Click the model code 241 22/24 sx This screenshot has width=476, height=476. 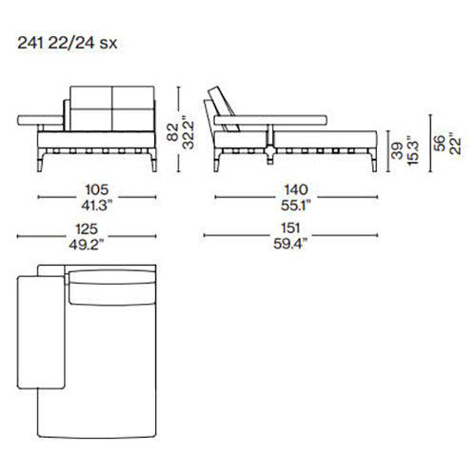click(68, 43)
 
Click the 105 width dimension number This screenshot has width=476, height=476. click(97, 189)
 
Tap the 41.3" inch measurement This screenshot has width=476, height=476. click(97, 206)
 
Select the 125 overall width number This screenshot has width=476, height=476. click(87, 229)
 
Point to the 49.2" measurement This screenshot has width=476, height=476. click(87, 245)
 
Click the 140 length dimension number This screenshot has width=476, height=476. click(296, 189)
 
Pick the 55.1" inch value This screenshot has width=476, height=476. click(295, 206)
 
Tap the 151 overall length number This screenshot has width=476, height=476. click(290, 228)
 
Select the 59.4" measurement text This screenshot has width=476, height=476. click(290, 244)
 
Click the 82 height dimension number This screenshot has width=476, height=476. click(173, 132)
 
